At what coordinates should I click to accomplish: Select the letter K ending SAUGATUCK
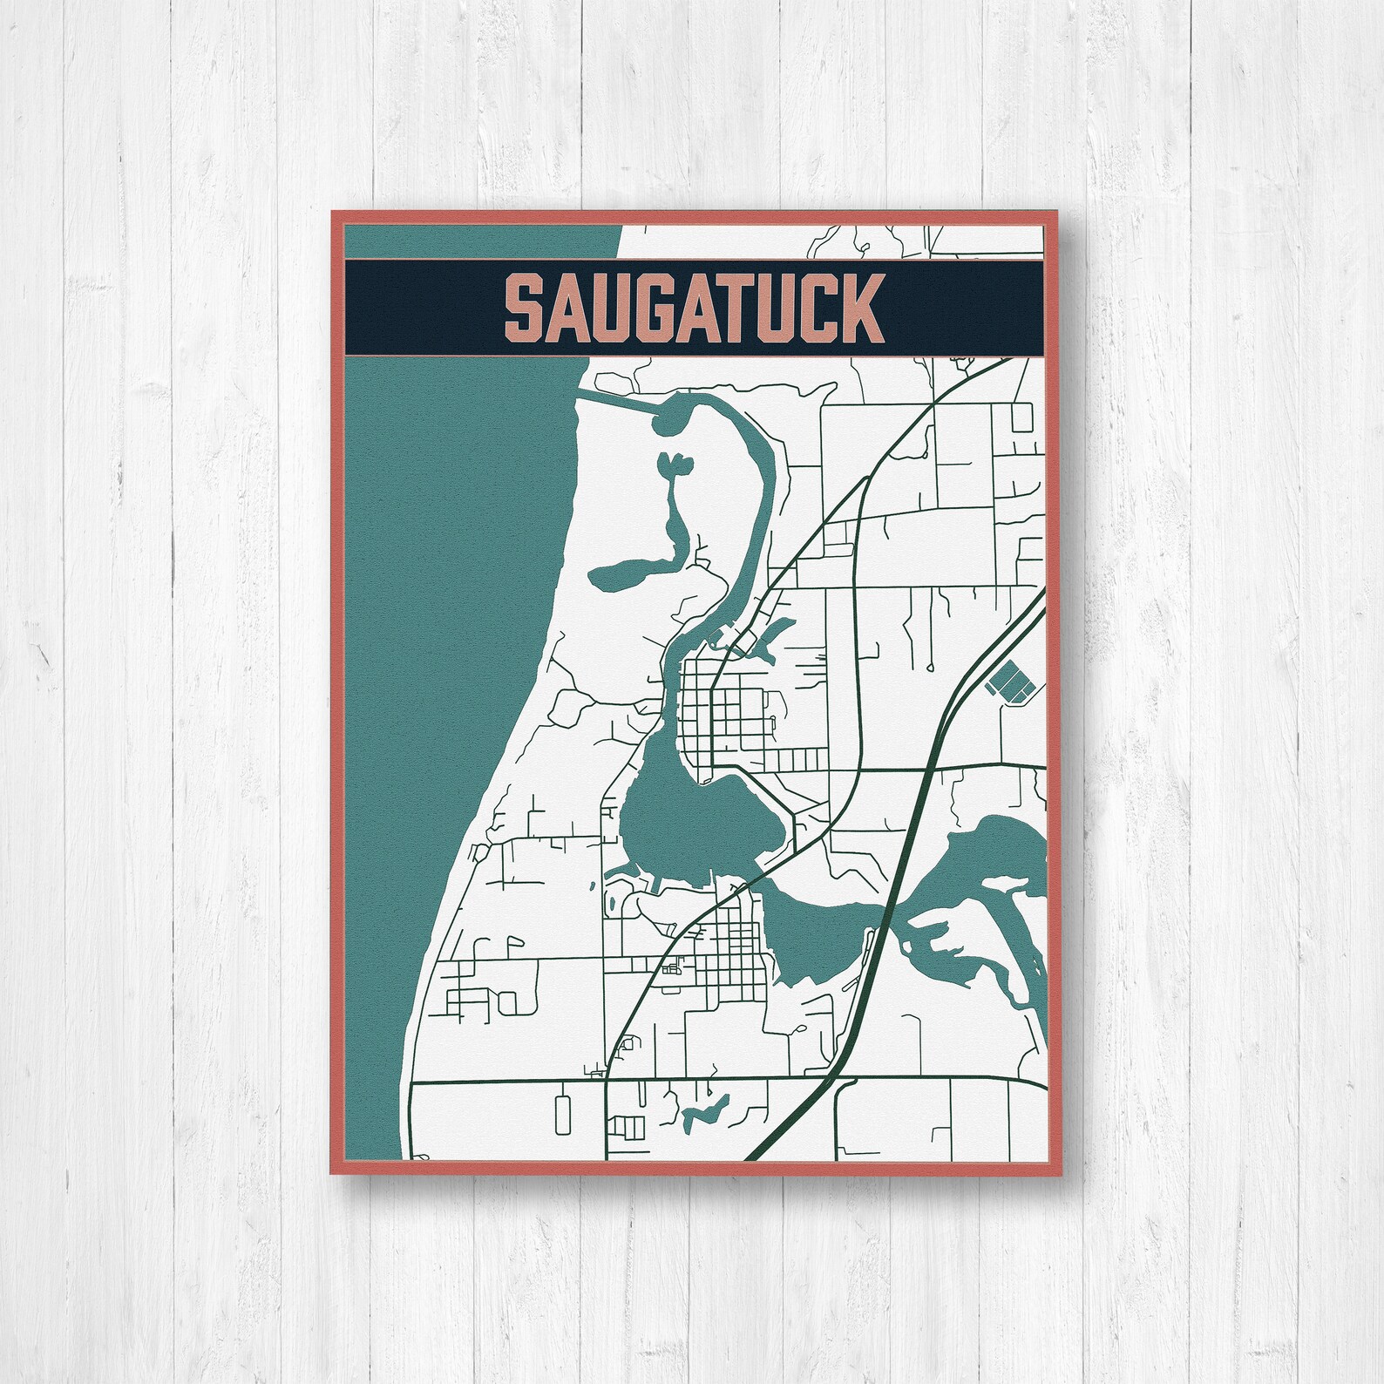click(861, 309)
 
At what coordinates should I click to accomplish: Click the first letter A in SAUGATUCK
click(571, 309)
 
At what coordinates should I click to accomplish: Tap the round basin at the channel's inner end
click(667, 423)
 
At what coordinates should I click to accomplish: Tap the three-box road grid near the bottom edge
click(628, 1127)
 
